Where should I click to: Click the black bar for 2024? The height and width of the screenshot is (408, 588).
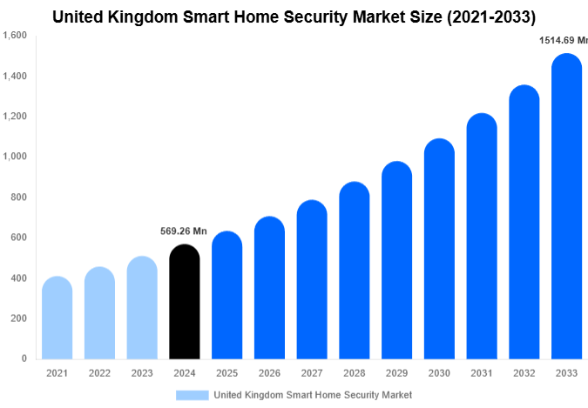pos(184,302)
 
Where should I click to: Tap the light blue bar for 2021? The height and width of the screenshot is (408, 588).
pos(57,318)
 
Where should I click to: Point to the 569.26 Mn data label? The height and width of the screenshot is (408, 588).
pos(184,231)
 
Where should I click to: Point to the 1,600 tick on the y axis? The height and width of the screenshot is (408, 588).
pos(15,36)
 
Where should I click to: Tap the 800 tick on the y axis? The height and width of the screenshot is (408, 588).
pos(18,197)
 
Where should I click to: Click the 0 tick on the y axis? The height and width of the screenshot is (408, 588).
pos(24,358)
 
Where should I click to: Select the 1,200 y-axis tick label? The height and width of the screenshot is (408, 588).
pos(15,117)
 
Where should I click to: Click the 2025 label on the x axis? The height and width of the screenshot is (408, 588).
pos(226,373)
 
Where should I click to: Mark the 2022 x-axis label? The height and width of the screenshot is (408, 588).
pos(99,373)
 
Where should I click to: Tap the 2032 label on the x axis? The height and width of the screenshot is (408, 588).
pos(524,373)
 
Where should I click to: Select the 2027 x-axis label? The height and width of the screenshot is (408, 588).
pos(312,373)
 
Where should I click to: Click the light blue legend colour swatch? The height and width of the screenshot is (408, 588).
pos(193,395)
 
